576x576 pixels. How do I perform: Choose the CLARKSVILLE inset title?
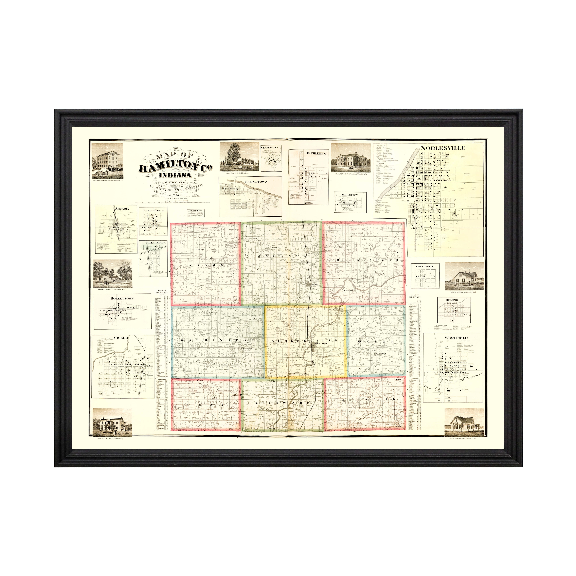(x=271, y=147)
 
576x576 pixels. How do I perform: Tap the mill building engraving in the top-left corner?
(x=107, y=161)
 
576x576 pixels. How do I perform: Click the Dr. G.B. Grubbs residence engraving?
(x=351, y=158)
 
